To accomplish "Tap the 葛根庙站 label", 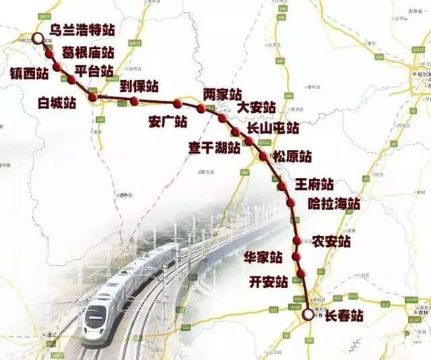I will tap(88, 53).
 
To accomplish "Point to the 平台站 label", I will tap(94, 71).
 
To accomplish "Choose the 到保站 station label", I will tap(140, 87).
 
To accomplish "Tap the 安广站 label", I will tap(168, 122).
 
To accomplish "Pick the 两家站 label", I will tap(222, 95).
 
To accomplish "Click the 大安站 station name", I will tap(257, 108).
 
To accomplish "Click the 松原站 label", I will tap(291, 157).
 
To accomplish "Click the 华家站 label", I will tap(263, 258).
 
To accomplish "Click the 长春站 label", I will tap(345, 315).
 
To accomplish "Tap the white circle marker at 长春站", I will tap(308, 315).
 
